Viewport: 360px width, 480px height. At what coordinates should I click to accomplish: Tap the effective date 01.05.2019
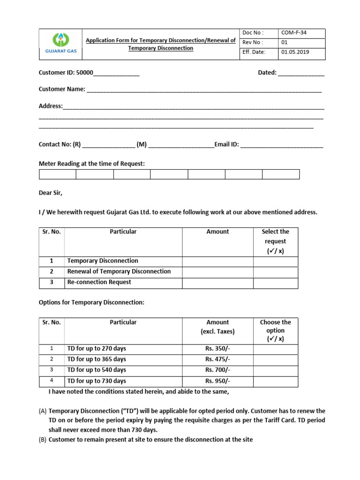click(x=295, y=52)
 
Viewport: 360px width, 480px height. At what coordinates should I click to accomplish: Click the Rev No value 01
click(x=284, y=43)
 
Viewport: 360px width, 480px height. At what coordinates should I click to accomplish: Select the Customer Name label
click(x=62, y=89)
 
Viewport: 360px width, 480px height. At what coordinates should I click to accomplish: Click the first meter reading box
click(x=57, y=174)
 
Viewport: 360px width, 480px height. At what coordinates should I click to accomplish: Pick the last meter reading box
click(x=280, y=174)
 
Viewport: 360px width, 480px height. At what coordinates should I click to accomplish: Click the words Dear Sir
click(x=50, y=193)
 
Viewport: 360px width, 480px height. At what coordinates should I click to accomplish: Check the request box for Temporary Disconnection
click(x=276, y=261)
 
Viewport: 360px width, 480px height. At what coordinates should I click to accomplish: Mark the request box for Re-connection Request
click(x=276, y=283)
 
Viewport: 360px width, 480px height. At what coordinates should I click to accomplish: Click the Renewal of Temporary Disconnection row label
click(x=119, y=271)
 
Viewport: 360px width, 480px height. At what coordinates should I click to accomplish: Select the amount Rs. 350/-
click(x=217, y=349)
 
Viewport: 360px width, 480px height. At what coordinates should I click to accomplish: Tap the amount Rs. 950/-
click(x=217, y=381)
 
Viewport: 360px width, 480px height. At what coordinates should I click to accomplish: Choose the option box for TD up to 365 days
click(x=276, y=360)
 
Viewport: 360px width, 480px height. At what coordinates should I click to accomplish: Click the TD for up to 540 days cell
click(x=97, y=370)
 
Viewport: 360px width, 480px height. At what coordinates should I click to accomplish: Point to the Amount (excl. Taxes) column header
click(x=217, y=327)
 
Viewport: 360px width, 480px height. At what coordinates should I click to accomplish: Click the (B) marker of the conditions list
click(x=42, y=440)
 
